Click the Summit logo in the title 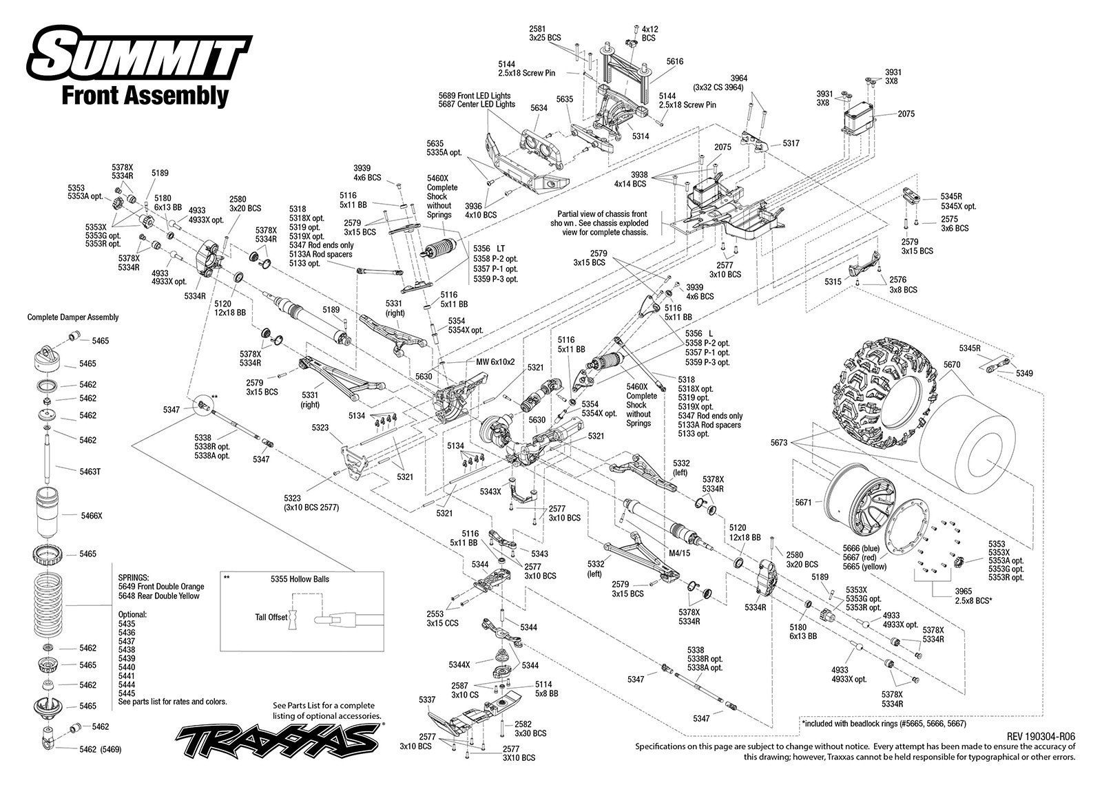(x=141, y=54)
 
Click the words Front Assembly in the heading (x=145, y=96)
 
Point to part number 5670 (x=952, y=364)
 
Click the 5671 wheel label (x=803, y=502)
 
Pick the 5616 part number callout (x=675, y=61)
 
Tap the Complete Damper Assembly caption (x=73, y=317)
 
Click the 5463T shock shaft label (x=90, y=471)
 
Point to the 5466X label (x=92, y=516)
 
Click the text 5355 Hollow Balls (x=300, y=579)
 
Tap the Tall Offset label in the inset (x=271, y=618)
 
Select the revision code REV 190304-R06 (x=1041, y=736)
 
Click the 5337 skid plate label (x=427, y=700)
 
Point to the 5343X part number (x=490, y=492)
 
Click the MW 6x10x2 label (x=495, y=361)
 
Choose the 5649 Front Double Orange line (x=161, y=587)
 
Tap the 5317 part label (x=791, y=143)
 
